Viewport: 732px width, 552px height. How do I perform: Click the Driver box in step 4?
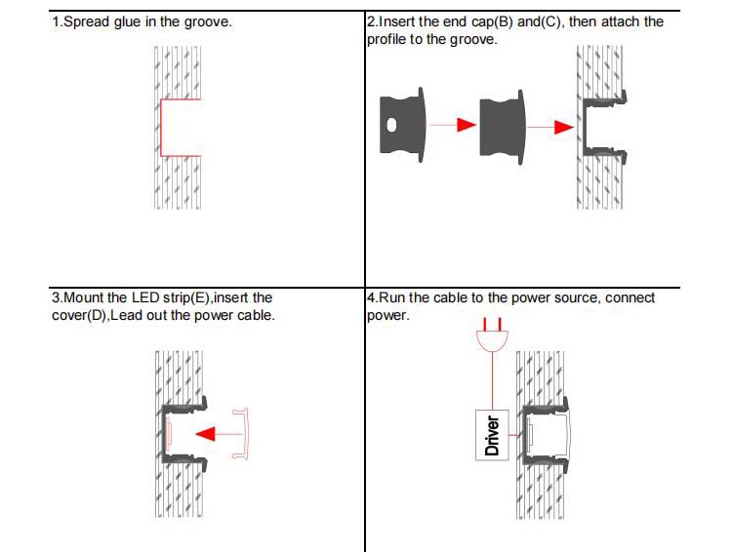pos(493,435)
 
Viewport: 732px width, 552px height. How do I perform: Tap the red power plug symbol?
pos(492,337)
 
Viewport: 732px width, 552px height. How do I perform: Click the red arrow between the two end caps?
pos(453,125)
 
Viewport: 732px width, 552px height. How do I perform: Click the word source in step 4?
pos(576,297)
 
